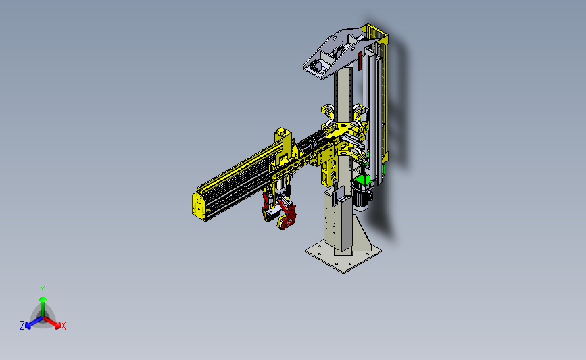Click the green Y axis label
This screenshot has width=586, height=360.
pyautogui.click(x=43, y=290)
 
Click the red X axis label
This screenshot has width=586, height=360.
pyautogui.click(x=63, y=326)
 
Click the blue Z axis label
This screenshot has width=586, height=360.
pyautogui.click(x=22, y=326)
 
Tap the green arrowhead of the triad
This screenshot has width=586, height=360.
pyautogui.click(x=43, y=299)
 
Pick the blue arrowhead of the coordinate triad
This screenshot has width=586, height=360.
pyautogui.click(x=28, y=326)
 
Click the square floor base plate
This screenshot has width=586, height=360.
pyautogui.click(x=343, y=256)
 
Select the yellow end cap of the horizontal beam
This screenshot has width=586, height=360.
pyautogui.click(x=200, y=207)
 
